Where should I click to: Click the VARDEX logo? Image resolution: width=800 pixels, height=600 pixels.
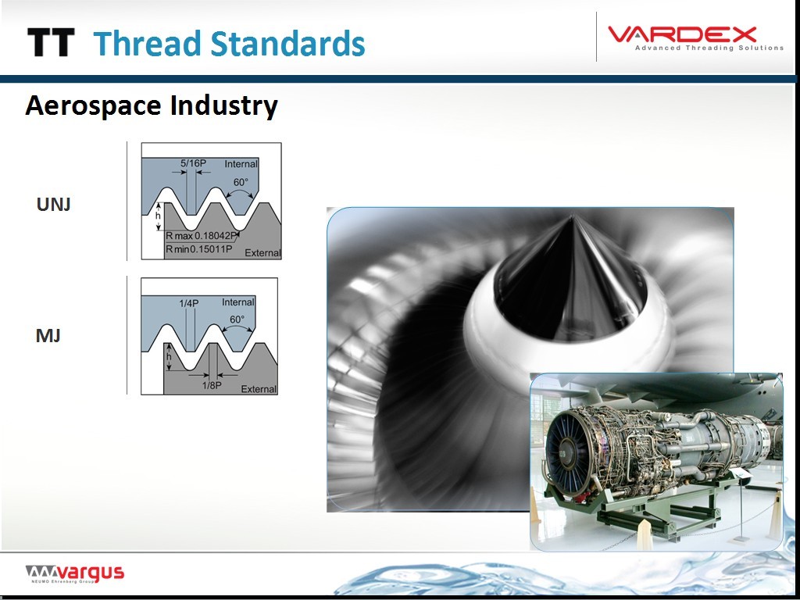pyautogui.click(x=695, y=38)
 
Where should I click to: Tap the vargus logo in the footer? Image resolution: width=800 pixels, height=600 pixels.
pyautogui.click(x=74, y=573)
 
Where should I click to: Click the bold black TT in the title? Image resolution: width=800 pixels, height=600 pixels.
pyautogui.click(x=51, y=42)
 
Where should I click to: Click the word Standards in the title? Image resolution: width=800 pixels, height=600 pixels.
pyautogui.click(x=288, y=43)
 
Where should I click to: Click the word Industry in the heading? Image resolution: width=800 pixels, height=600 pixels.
pyautogui.click(x=224, y=106)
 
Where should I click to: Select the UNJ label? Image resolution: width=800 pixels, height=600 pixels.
pyautogui.click(x=54, y=205)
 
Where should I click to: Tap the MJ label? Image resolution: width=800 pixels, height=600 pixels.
pyautogui.click(x=48, y=336)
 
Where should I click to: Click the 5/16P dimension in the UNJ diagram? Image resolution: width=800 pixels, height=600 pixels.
pyautogui.click(x=193, y=164)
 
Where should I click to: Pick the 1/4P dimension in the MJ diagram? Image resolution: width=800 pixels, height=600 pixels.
pyautogui.click(x=189, y=303)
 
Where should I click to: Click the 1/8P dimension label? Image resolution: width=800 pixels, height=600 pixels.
pyautogui.click(x=212, y=385)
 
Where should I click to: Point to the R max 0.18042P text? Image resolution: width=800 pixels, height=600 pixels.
pyautogui.click(x=202, y=236)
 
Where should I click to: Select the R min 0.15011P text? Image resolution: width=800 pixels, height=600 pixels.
pyautogui.click(x=199, y=249)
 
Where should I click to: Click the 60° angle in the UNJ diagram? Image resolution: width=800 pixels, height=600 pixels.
pyautogui.click(x=241, y=182)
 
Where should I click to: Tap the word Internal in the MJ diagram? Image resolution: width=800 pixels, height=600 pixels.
pyautogui.click(x=237, y=302)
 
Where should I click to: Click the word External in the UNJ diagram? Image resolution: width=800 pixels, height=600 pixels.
pyautogui.click(x=262, y=252)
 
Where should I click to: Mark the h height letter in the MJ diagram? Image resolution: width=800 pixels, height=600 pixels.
pyautogui.click(x=169, y=356)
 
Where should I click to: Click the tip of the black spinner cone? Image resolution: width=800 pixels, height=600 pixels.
pyautogui.click(x=572, y=216)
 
